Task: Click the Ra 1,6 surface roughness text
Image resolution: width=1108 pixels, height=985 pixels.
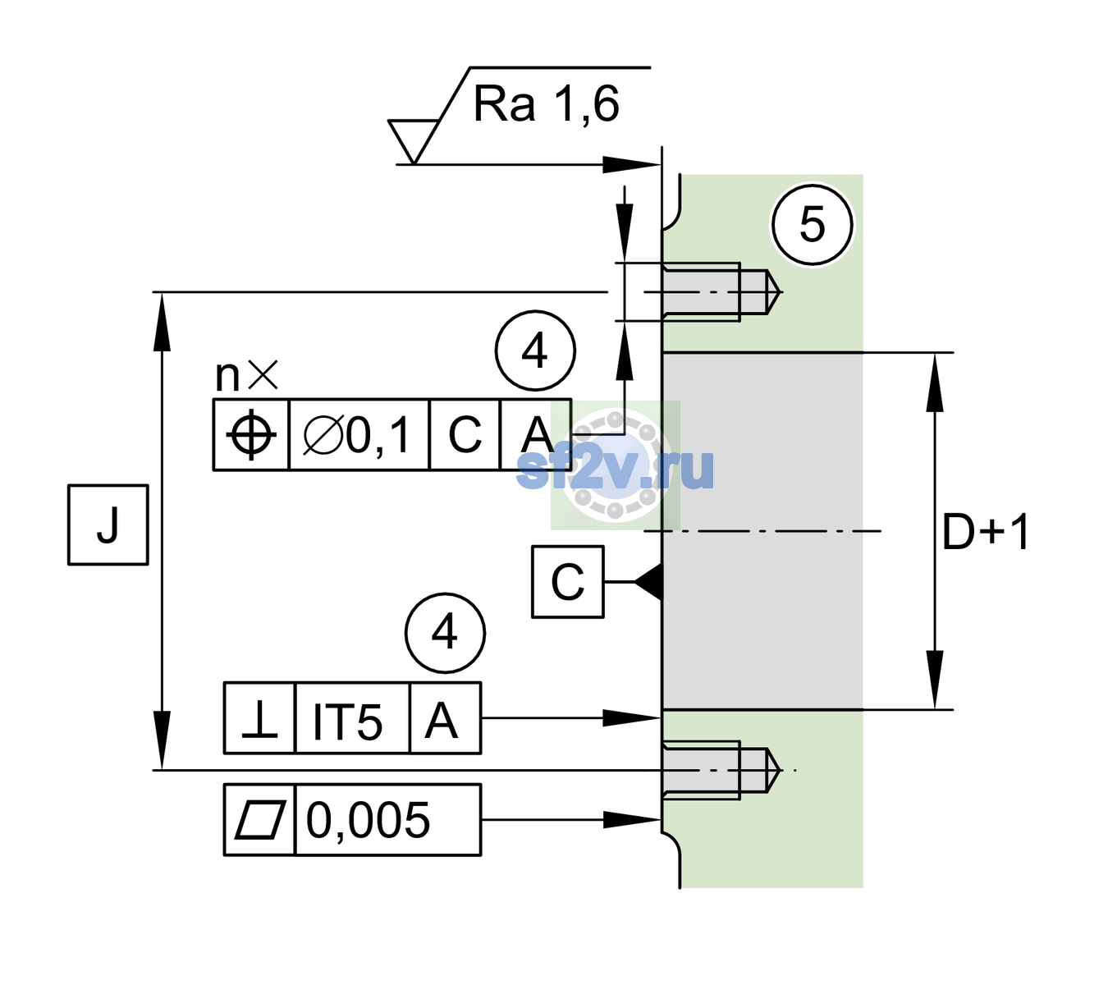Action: pos(546,104)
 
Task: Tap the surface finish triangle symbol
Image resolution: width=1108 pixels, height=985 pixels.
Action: pos(414,141)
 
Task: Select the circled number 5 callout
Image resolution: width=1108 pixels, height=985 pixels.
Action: pos(813,225)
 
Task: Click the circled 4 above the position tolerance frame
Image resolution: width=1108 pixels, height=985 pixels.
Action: pos(535,350)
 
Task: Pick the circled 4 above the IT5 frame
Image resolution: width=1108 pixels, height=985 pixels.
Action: pos(445,633)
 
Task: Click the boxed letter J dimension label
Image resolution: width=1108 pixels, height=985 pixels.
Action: pos(108,525)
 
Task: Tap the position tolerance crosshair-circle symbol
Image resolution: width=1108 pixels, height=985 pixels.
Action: pos(251,435)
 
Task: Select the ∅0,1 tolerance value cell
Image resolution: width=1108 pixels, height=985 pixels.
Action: pos(358,435)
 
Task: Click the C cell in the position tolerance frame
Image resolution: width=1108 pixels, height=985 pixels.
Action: pos(465,435)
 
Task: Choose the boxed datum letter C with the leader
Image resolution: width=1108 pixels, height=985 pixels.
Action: pos(568,582)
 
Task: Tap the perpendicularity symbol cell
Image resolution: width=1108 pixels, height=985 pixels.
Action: pos(260,718)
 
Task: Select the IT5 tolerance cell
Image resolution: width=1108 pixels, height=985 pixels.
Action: pos(352,718)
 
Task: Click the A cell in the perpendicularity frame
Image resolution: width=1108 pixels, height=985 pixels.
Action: pos(445,718)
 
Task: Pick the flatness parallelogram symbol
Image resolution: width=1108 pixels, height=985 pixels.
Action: pos(260,820)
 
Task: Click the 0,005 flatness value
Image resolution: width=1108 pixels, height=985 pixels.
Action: pos(368,820)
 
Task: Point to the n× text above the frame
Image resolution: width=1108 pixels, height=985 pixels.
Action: pos(247,375)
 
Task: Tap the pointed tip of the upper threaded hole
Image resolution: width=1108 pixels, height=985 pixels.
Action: pos(781,292)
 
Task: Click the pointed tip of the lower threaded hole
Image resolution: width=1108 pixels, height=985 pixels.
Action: pos(780,770)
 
